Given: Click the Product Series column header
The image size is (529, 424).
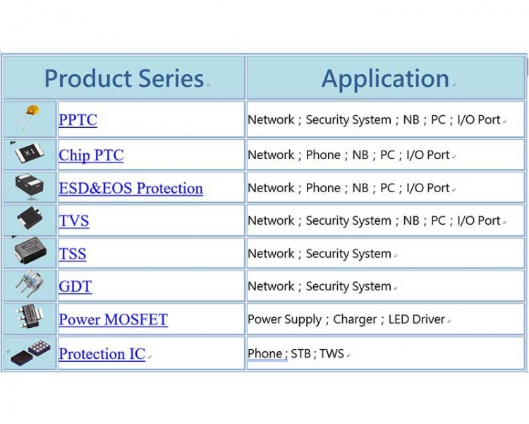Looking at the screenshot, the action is pyautogui.click(x=124, y=78).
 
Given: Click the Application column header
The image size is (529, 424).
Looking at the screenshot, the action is pyautogui.click(x=385, y=79).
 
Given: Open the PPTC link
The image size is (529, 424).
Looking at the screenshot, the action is pyautogui.click(x=78, y=119).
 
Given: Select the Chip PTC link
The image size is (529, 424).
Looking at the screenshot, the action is pyautogui.click(x=91, y=155).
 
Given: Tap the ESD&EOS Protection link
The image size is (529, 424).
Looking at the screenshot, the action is pyautogui.click(x=131, y=189).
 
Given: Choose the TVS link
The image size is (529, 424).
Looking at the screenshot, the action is pyautogui.click(x=74, y=220).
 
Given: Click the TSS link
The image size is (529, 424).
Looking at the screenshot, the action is pyautogui.click(x=73, y=254).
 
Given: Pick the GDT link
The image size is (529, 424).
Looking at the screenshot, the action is pyautogui.click(x=75, y=286).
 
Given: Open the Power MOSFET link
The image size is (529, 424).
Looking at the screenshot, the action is pyautogui.click(x=114, y=319).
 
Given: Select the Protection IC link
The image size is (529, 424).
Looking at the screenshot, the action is pyautogui.click(x=102, y=353).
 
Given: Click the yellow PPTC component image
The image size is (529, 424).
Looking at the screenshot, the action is pyautogui.click(x=28, y=117).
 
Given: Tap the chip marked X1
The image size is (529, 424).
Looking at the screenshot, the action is pyautogui.click(x=30, y=153).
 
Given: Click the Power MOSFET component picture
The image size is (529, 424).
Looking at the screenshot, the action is pyautogui.click(x=30, y=317).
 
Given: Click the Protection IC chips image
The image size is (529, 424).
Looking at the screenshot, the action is pyautogui.click(x=30, y=353).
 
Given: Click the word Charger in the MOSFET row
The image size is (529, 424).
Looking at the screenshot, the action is pyautogui.click(x=355, y=319).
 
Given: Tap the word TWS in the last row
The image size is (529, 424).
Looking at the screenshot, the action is pyautogui.click(x=332, y=353).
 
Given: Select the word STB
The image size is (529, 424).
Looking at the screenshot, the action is pyautogui.click(x=300, y=353).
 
